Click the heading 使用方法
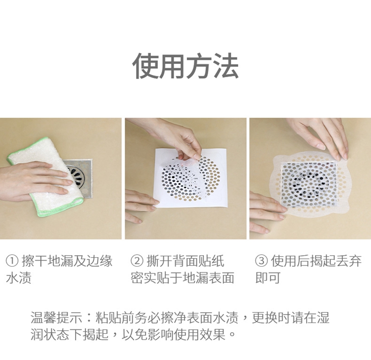[185, 66]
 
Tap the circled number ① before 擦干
[12, 261]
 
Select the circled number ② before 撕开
[137, 261]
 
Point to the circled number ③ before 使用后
[261, 261]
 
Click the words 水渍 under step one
[18, 277]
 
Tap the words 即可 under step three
[268, 277]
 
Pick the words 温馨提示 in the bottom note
[56, 317]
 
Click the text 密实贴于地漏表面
[183, 277]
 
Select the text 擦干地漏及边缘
[67, 261]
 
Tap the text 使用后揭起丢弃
[316, 261]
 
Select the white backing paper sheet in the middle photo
[191, 178]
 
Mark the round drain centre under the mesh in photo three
[309, 184]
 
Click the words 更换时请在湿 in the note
[290, 317]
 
